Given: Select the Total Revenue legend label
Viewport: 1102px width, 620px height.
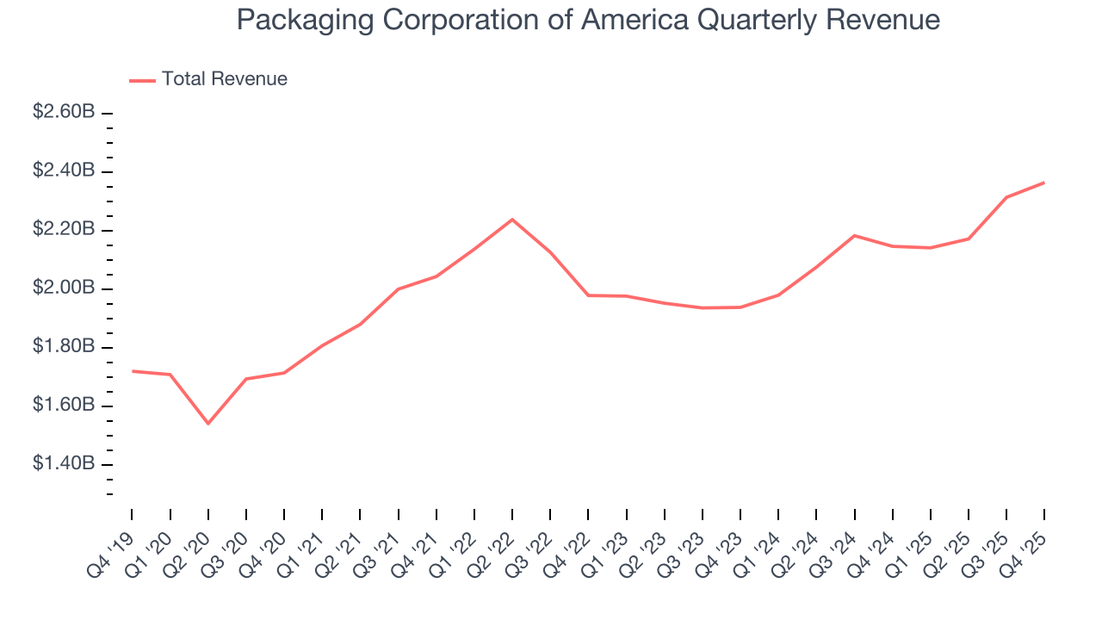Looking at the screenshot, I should (224, 79).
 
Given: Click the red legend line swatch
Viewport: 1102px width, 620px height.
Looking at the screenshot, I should (142, 80).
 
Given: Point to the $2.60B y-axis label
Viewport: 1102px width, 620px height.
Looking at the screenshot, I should (64, 113).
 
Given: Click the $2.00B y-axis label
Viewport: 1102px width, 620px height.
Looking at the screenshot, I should (64, 288).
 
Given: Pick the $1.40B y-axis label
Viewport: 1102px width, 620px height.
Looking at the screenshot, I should (64, 464).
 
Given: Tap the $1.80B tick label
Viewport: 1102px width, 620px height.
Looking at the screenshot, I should (64, 347).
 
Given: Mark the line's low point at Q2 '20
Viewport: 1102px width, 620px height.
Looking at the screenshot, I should (207, 423).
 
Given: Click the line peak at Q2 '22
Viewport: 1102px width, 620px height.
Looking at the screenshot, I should (512, 220).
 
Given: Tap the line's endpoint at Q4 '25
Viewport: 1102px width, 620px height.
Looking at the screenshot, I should (1044, 183).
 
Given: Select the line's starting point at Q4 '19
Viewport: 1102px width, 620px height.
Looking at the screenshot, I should (132, 371).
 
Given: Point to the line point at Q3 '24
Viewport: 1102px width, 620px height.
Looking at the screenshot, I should (854, 235).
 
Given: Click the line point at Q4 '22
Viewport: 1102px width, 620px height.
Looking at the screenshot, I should (588, 295).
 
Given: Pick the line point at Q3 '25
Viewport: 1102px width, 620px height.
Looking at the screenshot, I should (1006, 197).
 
